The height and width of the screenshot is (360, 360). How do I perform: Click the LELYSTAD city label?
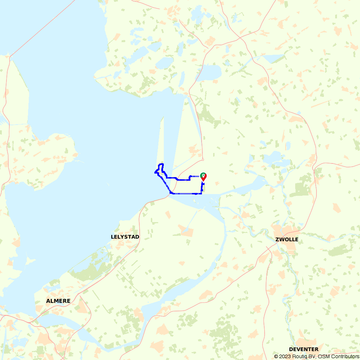click(125, 237)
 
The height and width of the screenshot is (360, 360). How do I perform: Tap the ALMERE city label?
click(58, 301)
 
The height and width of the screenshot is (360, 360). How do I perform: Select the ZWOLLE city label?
click(287, 239)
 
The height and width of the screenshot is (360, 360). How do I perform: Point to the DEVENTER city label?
click(303, 349)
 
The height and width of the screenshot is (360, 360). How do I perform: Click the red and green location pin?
click(203, 176)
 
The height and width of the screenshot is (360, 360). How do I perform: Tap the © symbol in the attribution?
click(276, 356)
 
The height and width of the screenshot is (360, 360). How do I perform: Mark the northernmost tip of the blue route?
click(161, 164)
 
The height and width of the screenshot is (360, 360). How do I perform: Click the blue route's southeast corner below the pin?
click(201, 193)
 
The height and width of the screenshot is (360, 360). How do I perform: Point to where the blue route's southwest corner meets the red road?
click(170, 193)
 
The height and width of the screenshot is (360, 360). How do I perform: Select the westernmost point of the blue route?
click(155, 173)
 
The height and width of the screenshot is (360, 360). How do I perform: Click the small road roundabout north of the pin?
click(203, 160)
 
